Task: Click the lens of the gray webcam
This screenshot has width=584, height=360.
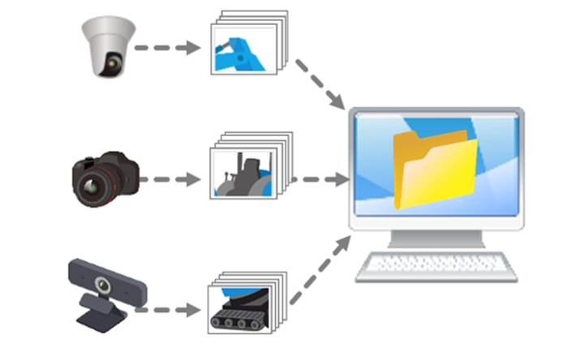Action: click(x=103, y=285)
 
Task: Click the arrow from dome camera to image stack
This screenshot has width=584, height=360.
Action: click(x=167, y=48)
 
